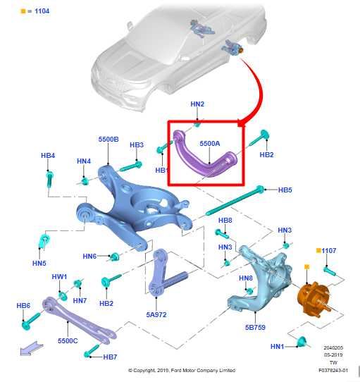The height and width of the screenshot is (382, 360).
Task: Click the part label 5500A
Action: pos(210,143)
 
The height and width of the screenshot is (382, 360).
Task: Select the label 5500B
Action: pos(108,140)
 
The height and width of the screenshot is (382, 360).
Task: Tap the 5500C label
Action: pos(68,340)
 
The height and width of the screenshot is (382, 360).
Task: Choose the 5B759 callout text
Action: pos(255,327)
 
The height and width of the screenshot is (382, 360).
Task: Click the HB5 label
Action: pos(285,190)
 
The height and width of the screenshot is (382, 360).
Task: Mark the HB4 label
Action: pos(48,155)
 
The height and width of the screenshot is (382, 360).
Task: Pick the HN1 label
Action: pos(278,346)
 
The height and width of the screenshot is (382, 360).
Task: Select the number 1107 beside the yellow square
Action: pos(330,250)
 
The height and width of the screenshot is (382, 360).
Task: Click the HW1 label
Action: pos(59,276)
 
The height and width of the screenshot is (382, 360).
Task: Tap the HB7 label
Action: pos(110,357)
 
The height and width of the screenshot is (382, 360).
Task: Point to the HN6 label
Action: pos(89,256)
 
